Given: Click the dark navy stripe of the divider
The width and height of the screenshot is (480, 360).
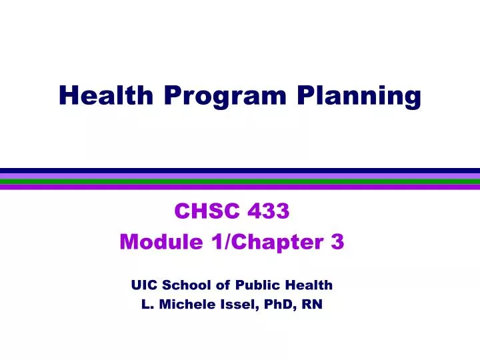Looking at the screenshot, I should (240, 171).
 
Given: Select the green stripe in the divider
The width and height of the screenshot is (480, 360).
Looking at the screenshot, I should (240, 181).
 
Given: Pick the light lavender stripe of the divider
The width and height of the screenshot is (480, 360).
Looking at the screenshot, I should (240, 177).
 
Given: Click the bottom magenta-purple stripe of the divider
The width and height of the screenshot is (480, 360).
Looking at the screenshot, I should (240, 187).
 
